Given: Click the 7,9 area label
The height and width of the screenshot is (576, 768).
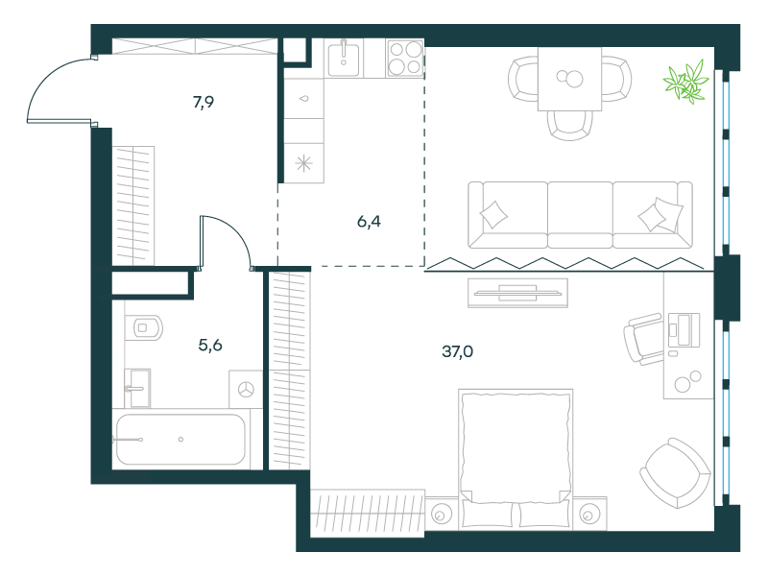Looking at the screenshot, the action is [204, 103].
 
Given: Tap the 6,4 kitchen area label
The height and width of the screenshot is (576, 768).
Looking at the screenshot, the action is [369, 222].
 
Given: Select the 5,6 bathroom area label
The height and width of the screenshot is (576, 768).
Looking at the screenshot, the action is [210, 346].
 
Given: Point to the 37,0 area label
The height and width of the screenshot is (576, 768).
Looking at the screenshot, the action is [458, 351].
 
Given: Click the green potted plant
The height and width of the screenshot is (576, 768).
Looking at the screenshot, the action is [686, 82].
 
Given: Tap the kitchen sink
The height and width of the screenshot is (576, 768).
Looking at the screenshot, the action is [344, 59].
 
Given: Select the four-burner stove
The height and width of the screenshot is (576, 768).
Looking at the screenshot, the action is [405, 59].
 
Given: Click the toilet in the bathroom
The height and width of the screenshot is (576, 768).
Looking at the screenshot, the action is [143, 327].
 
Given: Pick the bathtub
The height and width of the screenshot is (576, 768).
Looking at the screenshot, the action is [180, 440].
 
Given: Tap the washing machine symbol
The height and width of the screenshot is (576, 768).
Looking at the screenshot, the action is [246, 390].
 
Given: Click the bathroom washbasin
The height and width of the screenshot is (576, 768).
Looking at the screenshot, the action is [137, 389].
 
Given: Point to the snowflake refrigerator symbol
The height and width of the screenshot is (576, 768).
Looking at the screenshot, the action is [303, 163].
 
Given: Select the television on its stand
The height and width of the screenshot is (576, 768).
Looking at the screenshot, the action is [517, 293].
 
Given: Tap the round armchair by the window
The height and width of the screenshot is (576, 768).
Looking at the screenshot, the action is [676, 473].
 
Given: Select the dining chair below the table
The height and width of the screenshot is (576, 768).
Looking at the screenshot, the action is [570, 126].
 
